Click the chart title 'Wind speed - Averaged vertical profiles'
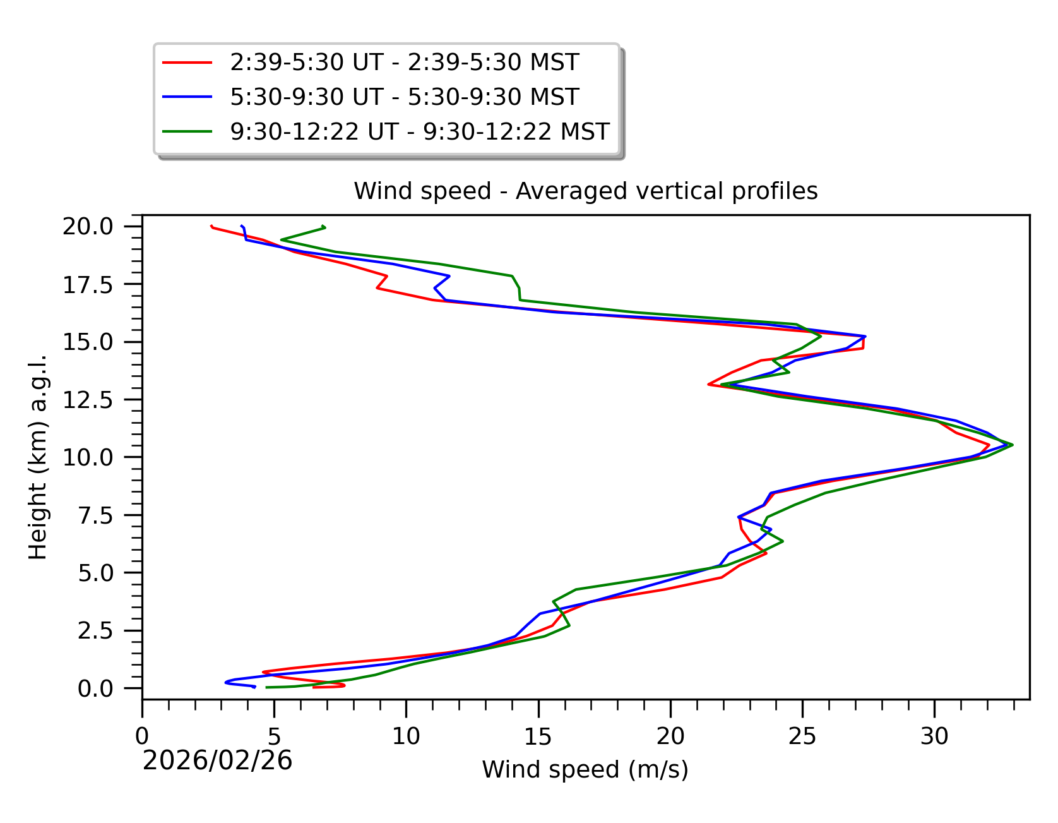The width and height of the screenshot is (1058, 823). click(585, 191)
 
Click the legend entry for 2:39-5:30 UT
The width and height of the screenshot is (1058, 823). click(404, 63)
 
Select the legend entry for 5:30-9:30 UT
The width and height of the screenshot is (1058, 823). click(404, 97)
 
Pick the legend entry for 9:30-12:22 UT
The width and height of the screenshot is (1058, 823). click(419, 132)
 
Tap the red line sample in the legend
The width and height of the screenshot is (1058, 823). click(187, 63)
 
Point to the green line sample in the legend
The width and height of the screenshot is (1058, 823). click(187, 132)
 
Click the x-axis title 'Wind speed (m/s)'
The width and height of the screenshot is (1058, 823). click(585, 770)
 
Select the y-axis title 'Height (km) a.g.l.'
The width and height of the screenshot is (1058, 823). click(38, 457)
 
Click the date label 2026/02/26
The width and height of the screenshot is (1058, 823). click(217, 760)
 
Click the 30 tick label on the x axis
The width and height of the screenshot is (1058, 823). click(934, 736)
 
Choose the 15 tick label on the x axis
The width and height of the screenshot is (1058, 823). click(538, 736)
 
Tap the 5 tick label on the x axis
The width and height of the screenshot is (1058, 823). click(274, 736)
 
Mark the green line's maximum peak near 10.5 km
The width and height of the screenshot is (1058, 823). click(1013, 445)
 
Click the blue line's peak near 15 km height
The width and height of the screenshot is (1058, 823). click(865, 336)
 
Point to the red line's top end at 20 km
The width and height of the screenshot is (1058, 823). click(211, 226)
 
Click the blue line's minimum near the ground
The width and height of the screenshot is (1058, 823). click(225, 682)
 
